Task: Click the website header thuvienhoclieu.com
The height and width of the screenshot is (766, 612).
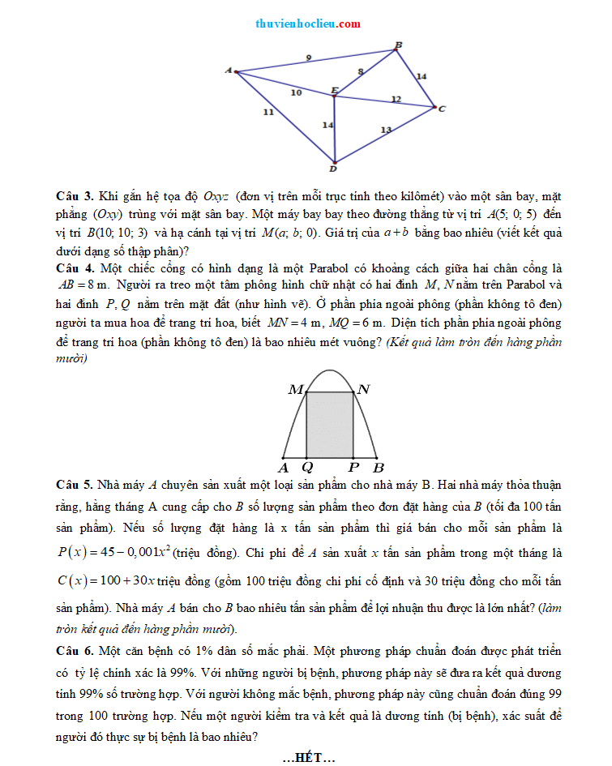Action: tap(307, 24)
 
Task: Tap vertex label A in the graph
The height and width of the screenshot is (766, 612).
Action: tap(228, 71)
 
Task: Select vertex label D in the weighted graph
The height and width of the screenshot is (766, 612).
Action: tap(332, 169)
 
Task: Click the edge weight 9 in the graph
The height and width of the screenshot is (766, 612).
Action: tap(307, 57)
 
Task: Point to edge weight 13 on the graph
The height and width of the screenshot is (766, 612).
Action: tap(386, 130)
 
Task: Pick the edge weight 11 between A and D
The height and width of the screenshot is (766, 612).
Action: tap(267, 112)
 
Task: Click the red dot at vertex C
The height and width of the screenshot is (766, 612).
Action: tap(434, 107)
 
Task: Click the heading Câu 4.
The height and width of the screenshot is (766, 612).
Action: tap(75, 268)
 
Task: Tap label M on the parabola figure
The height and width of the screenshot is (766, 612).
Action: tap(295, 391)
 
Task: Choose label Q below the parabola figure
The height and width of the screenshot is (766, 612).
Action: tap(306, 468)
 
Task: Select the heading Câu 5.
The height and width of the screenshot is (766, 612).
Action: tap(75, 486)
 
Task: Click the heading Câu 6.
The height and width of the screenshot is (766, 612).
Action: tap(75, 652)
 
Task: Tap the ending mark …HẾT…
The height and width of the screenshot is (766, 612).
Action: tap(309, 758)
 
